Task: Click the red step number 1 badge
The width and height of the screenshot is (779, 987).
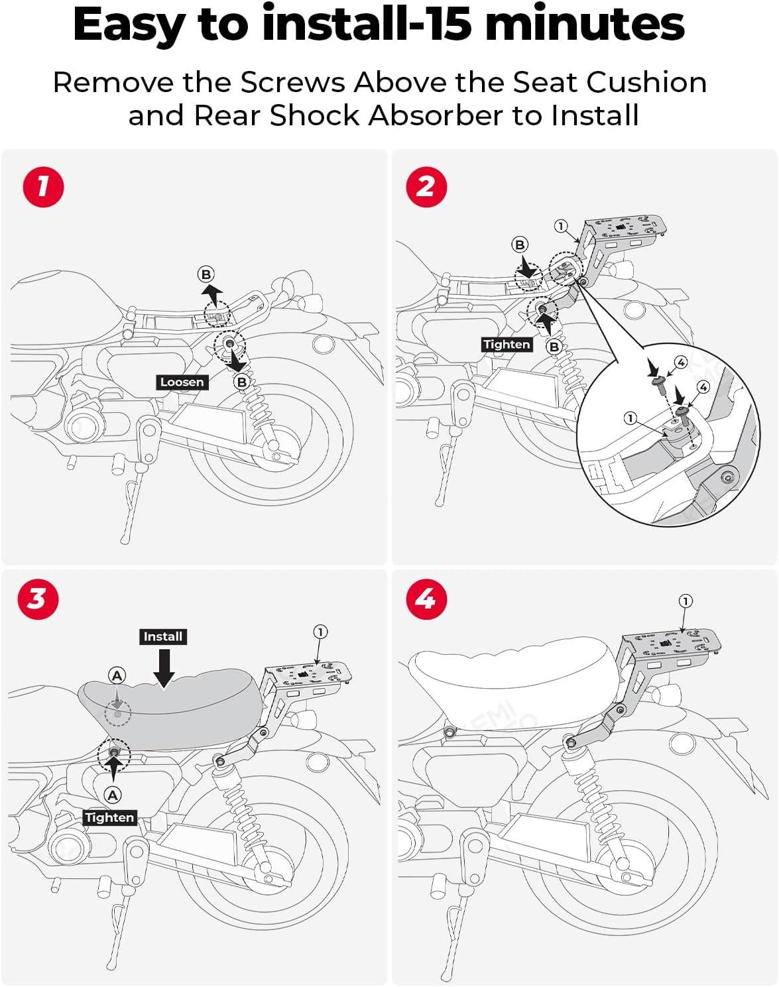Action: tap(43, 187)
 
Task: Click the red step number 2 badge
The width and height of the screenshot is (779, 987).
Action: tap(426, 187)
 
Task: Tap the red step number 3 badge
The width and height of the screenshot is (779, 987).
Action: tap(38, 599)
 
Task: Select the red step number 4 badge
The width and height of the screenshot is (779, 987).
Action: tap(426, 599)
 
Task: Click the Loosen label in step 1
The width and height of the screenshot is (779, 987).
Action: tap(182, 382)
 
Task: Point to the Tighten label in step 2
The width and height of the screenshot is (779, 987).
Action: tap(507, 344)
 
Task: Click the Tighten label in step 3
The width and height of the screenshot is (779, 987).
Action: tap(109, 817)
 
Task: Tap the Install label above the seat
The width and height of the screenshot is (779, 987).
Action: tap(163, 636)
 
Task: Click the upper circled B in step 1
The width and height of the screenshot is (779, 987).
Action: tap(206, 274)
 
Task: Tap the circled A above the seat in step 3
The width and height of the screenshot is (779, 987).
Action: tap(117, 675)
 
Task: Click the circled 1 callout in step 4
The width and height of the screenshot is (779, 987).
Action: tap(686, 601)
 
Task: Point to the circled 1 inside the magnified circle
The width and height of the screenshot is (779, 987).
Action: tap(630, 418)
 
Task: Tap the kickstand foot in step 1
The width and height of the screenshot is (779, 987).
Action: tap(124, 537)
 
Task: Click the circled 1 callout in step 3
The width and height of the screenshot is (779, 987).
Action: tap(320, 632)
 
